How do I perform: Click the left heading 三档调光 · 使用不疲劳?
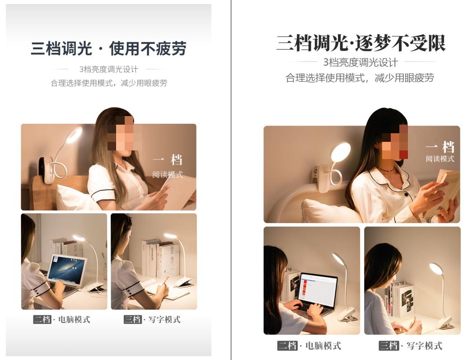click(108, 48)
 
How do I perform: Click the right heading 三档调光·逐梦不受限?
click(361, 43)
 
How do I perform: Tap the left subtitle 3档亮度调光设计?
click(108, 69)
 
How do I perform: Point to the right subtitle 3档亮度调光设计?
click(360, 62)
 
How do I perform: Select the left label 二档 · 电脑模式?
click(61, 319)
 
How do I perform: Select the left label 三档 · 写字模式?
click(152, 319)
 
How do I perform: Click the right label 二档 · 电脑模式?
click(309, 346)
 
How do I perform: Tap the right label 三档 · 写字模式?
click(411, 346)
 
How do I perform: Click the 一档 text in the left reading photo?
click(168, 160)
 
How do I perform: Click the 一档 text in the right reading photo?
click(440, 147)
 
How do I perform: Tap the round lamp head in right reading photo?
click(341, 152)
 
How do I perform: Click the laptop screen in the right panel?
click(318, 288)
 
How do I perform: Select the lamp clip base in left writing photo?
click(183, 283)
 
